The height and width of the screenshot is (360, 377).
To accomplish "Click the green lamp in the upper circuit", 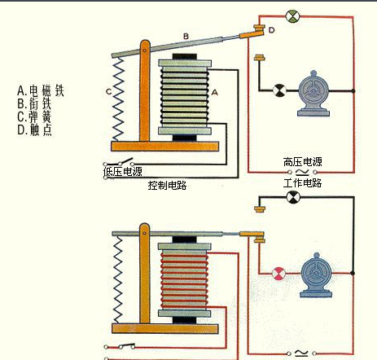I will (292, 15).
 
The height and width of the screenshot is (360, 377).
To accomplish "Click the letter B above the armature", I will (185, 37).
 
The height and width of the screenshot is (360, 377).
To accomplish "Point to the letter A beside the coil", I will (215, 94).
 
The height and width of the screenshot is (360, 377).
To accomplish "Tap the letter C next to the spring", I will (108, 90).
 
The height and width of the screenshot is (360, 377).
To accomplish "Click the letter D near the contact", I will (270, 31).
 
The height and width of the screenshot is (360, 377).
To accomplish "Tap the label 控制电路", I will (168, 185).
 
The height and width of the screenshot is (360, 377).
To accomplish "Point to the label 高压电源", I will (303, 161).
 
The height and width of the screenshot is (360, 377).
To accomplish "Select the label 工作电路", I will (303, 183).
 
